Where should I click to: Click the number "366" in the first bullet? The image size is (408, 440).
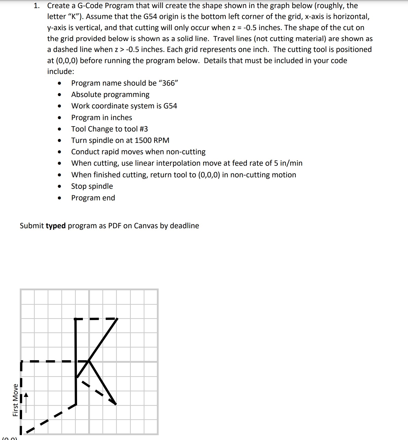(x=169, y=83)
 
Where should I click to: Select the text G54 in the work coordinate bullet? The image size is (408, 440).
(x=170, y=106)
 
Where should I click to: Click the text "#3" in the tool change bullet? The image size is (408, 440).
(x=143, y=129)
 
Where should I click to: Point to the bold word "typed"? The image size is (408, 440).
(x=55, y=226)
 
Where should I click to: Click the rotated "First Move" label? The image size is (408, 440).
(x=15, y=400)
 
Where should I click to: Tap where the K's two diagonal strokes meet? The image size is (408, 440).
(x=88, y=361)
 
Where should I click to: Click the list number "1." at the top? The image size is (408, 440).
(x=37, y=6)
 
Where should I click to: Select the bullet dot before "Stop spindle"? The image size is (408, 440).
(x=59, y=186)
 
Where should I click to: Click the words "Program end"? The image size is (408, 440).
(x=93, y=198)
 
